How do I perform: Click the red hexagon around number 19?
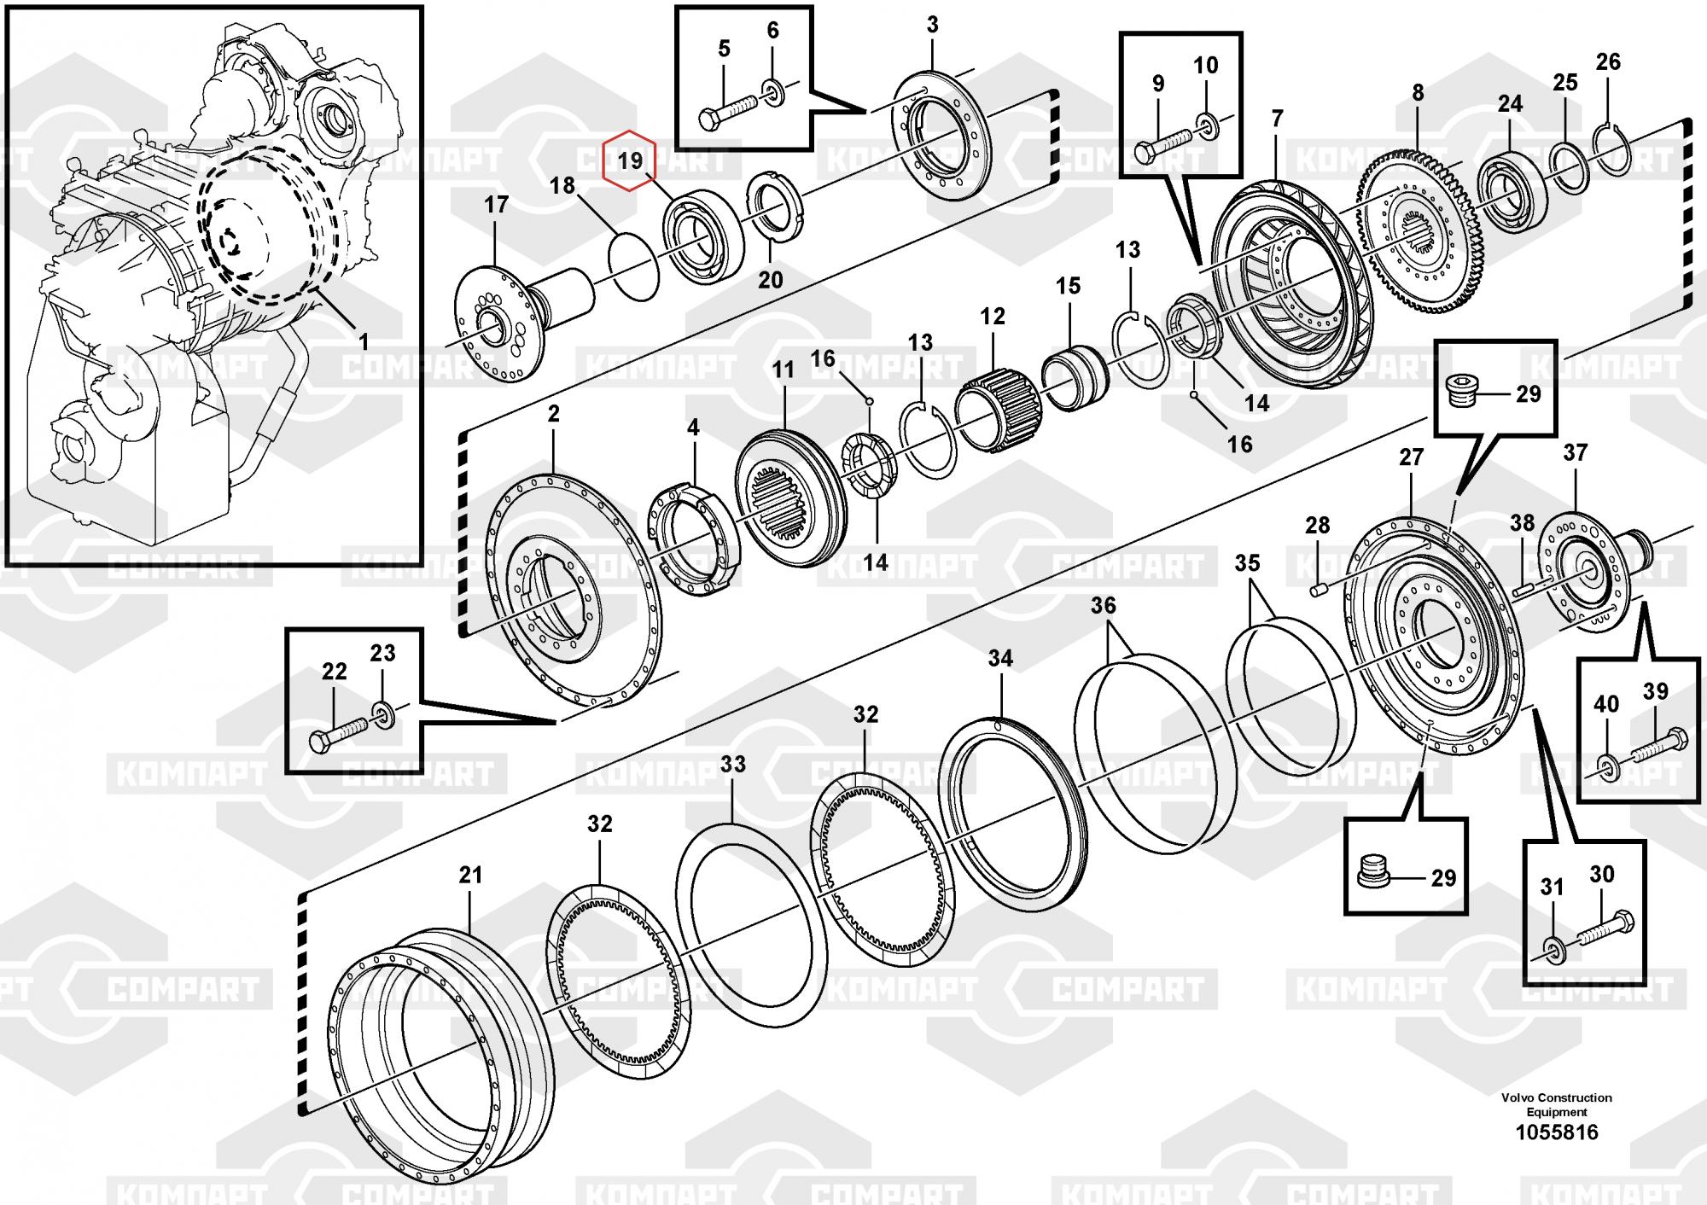629,160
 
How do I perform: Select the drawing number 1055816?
1557,1132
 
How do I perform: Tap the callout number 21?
470,875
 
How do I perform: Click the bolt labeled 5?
727,112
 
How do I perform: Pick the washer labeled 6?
772,90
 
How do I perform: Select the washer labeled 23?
383,712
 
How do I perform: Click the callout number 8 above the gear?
1418,92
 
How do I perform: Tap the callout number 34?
1000,658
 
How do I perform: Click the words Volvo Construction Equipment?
1557,1104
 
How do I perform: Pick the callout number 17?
496,205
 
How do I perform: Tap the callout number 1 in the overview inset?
364,342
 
